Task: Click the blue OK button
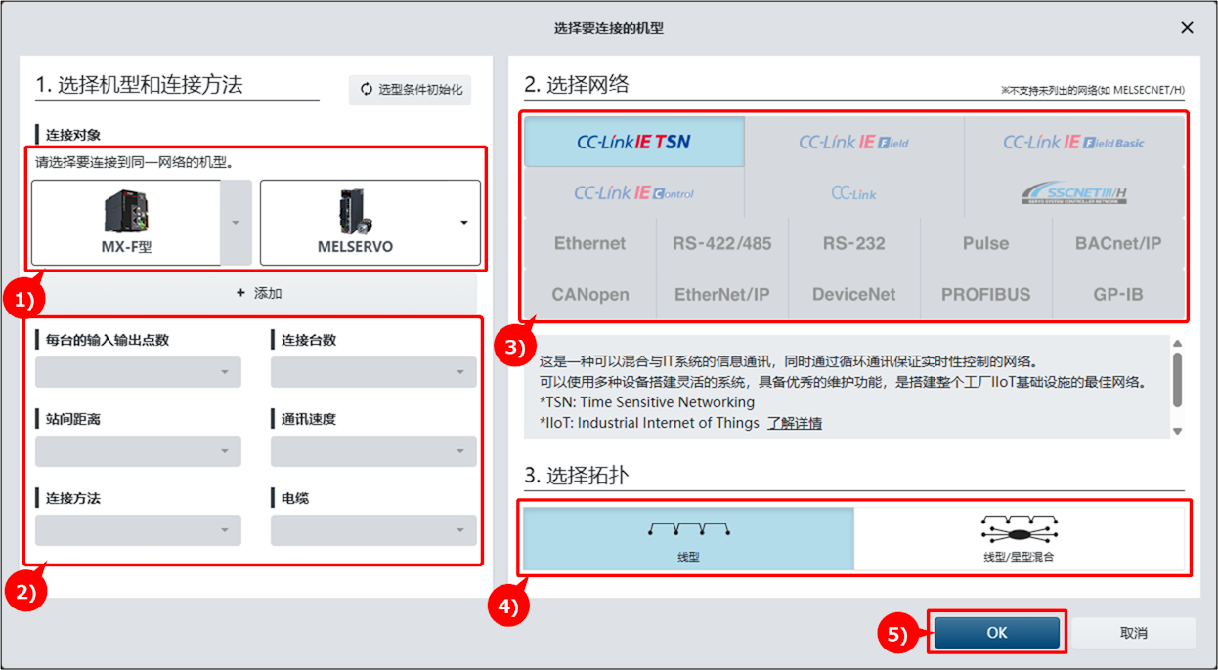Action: point(997,633)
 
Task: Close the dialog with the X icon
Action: point(1187,27)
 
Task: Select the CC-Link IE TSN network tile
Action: point(634,142)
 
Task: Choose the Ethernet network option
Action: point(590,243)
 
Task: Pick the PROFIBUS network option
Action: point(985,295)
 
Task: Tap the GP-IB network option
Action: point(1118,295)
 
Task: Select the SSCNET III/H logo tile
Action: point(1074,193)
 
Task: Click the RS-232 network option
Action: point(853,243)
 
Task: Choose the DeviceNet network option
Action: point(853,295)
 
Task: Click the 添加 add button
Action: point(259,293)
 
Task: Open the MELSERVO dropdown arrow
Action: point(463,223)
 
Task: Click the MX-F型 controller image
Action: point(126,212)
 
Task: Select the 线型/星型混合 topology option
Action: point(1019,538)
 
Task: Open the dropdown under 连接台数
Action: point(373,372)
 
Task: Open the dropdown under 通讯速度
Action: point(373,451)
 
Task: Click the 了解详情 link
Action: point(795,423)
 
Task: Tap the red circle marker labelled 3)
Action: point(514,346)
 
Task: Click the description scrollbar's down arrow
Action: point(1178,431)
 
